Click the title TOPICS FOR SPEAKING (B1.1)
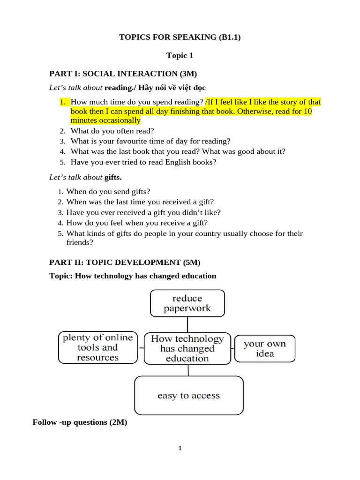(x=180, y=37)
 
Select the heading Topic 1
(x=180, y=56)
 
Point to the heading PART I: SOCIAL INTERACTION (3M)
(x=123, y=73)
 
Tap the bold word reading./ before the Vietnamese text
(x=120, y=88)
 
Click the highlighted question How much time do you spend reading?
(x=137, y=102)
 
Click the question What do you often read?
(x=112, y=131)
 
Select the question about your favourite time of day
(x=150, y=141)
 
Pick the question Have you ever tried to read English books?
(x=143, y=162)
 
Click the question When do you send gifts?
(x=108, y=192)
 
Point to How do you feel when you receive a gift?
(x=137, y=223)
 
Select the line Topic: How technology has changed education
(x=133, y=276)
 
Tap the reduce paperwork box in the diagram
(x=187, y=303)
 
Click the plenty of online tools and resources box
(x=98, y=347)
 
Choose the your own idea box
(x=265, y=348)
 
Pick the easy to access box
(x=188, y=396)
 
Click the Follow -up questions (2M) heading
(x=80, y=422)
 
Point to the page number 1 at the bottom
(x=180, y=448)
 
